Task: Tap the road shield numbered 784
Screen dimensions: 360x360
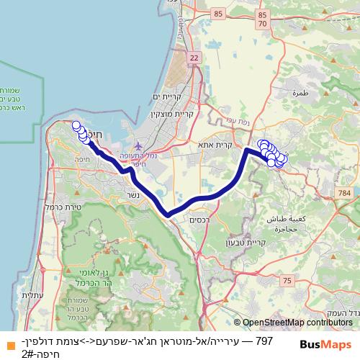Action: pos(344,194)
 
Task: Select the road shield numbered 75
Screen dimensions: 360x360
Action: pos(288,279)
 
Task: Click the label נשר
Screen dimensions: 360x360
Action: pos(132,195)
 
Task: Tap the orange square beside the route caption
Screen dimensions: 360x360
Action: pos(6,341)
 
